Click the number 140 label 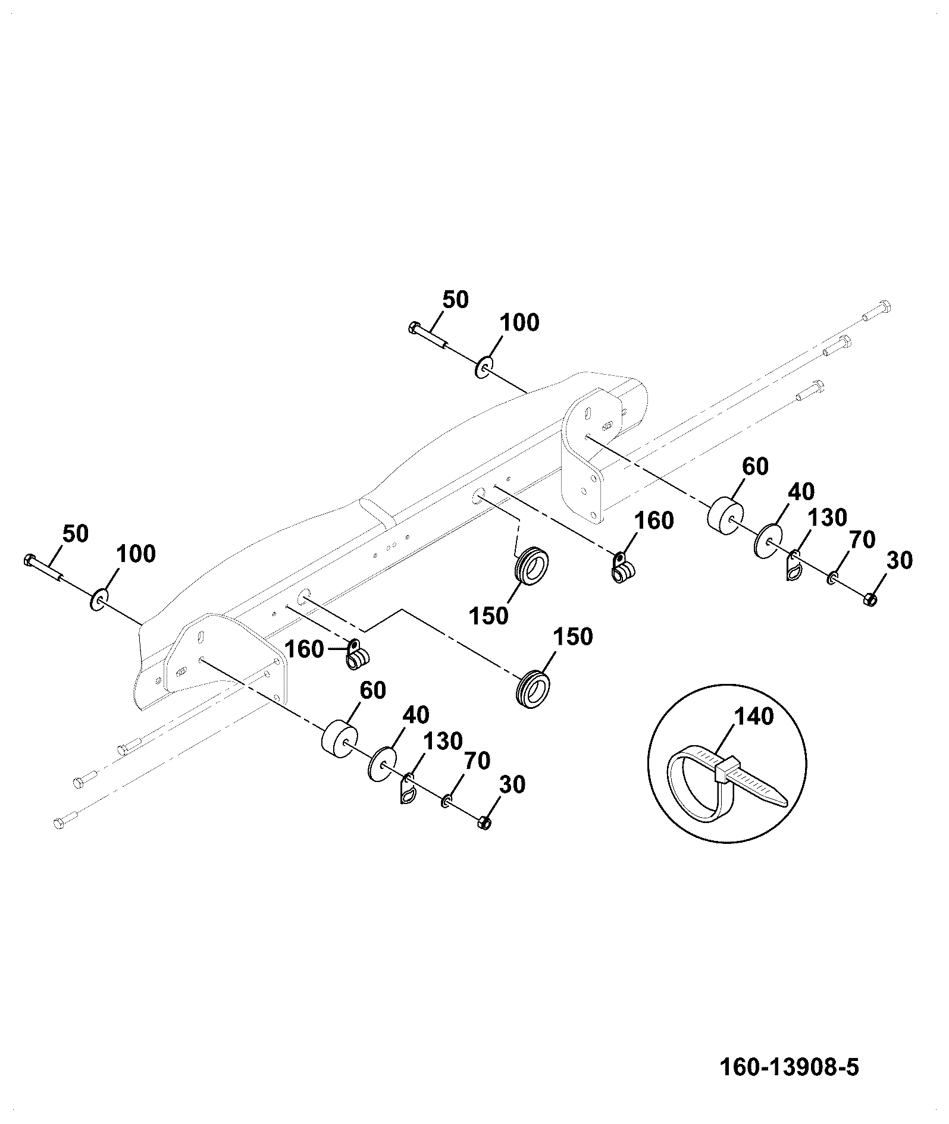(754, 716)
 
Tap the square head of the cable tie (728, 769)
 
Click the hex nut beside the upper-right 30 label (869, 599)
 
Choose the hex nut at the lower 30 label (484, 823)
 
